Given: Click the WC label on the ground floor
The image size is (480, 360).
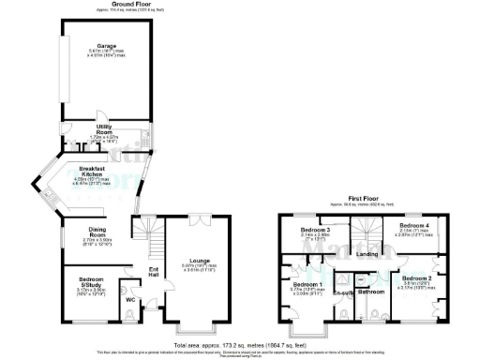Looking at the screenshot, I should (x=130, y=300).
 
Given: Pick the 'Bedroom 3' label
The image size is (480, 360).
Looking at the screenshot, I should (x=315, y=230).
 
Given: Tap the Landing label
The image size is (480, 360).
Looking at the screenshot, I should (x=367, y=253).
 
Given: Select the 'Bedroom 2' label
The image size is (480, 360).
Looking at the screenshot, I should (x=417, y=278).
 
